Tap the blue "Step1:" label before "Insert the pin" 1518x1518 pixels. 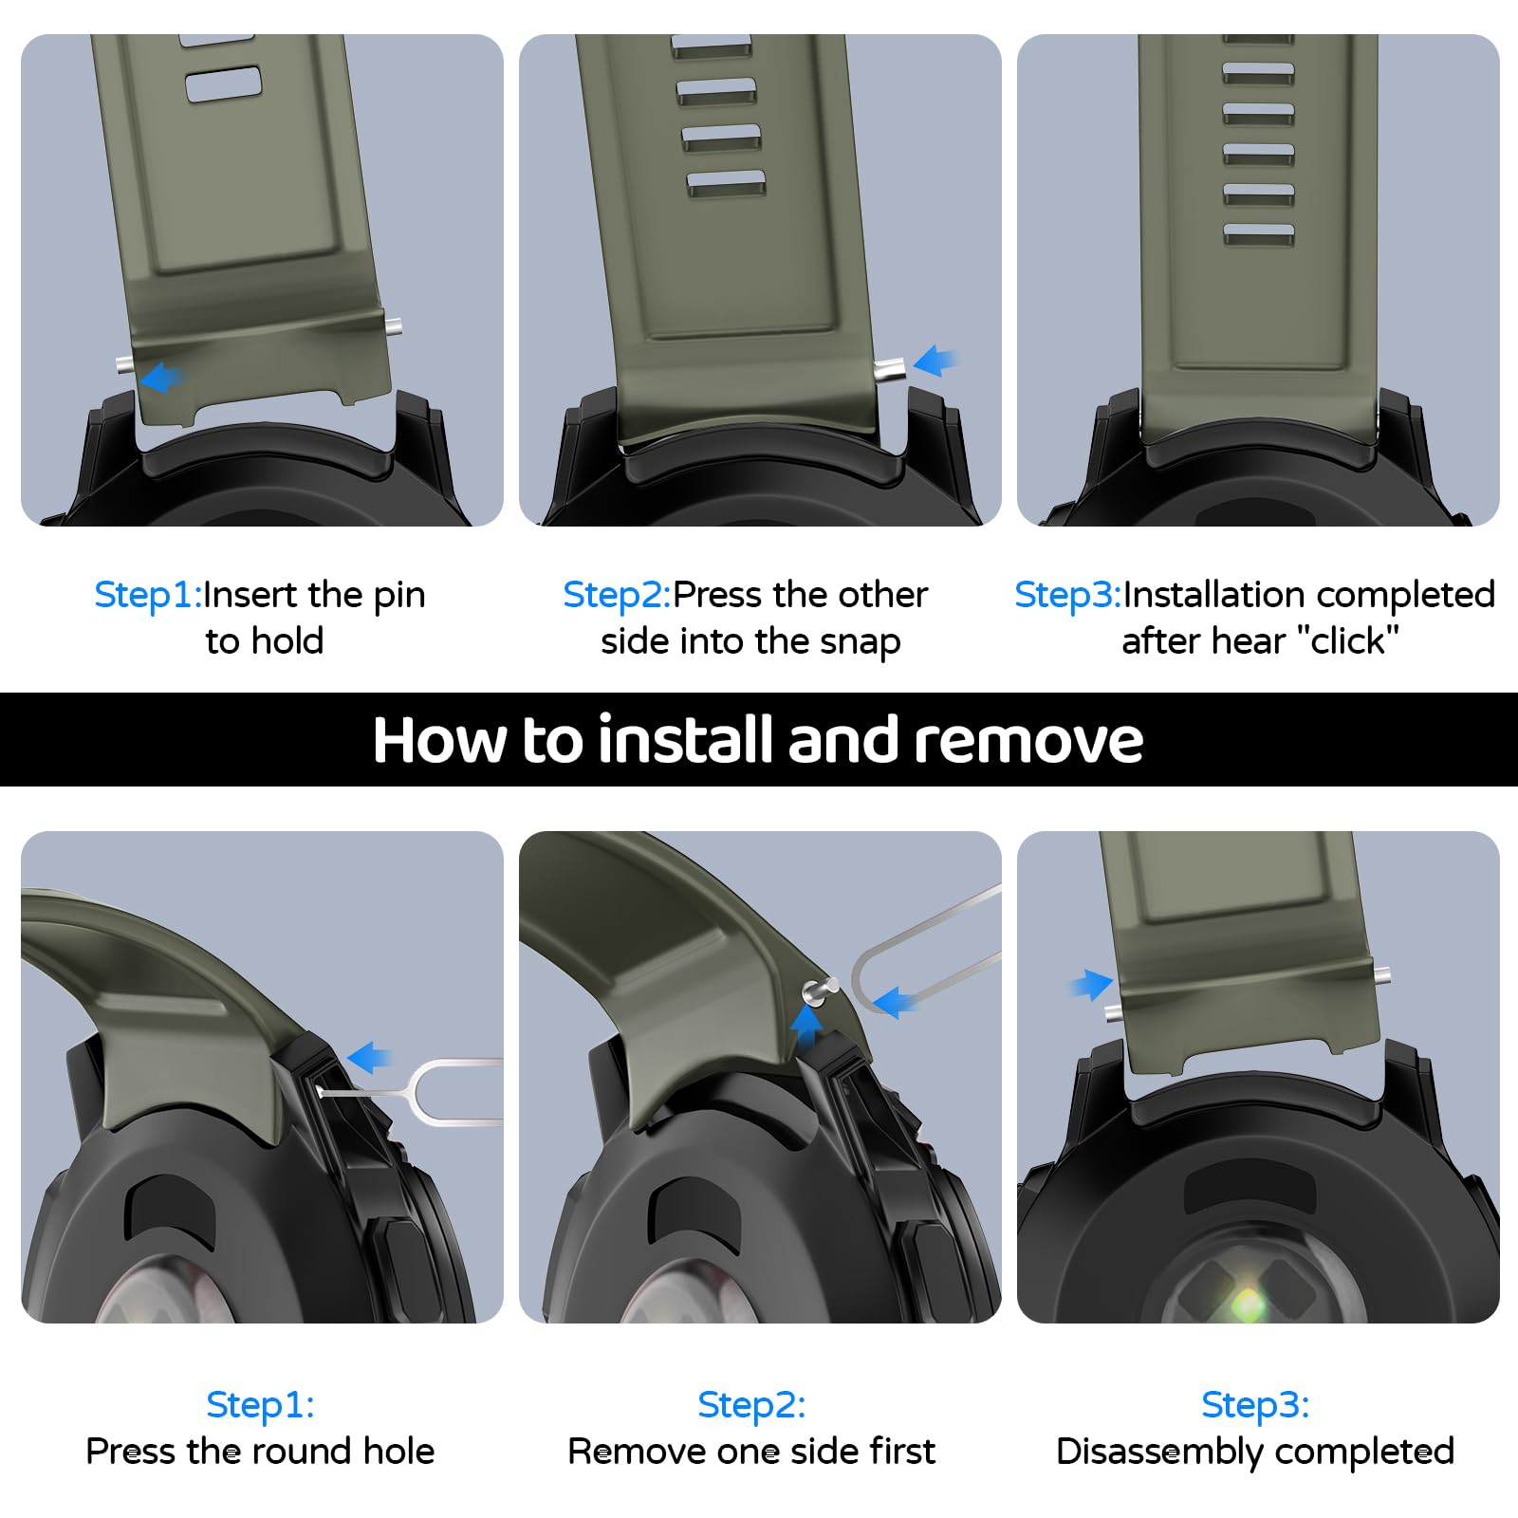coord(148,595)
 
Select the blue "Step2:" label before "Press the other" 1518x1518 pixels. coord(617,595)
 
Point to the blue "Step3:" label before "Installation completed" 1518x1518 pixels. coord(1068,595)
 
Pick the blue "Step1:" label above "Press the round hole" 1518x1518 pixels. coord(260,1404)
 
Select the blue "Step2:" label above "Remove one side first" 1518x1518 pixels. coord(751,1404)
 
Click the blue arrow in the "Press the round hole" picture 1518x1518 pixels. coord(369,1057)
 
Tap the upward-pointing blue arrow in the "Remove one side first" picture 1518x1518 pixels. coord(806,1023)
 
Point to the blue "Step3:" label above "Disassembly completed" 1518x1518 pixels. coord(1255,1404)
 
